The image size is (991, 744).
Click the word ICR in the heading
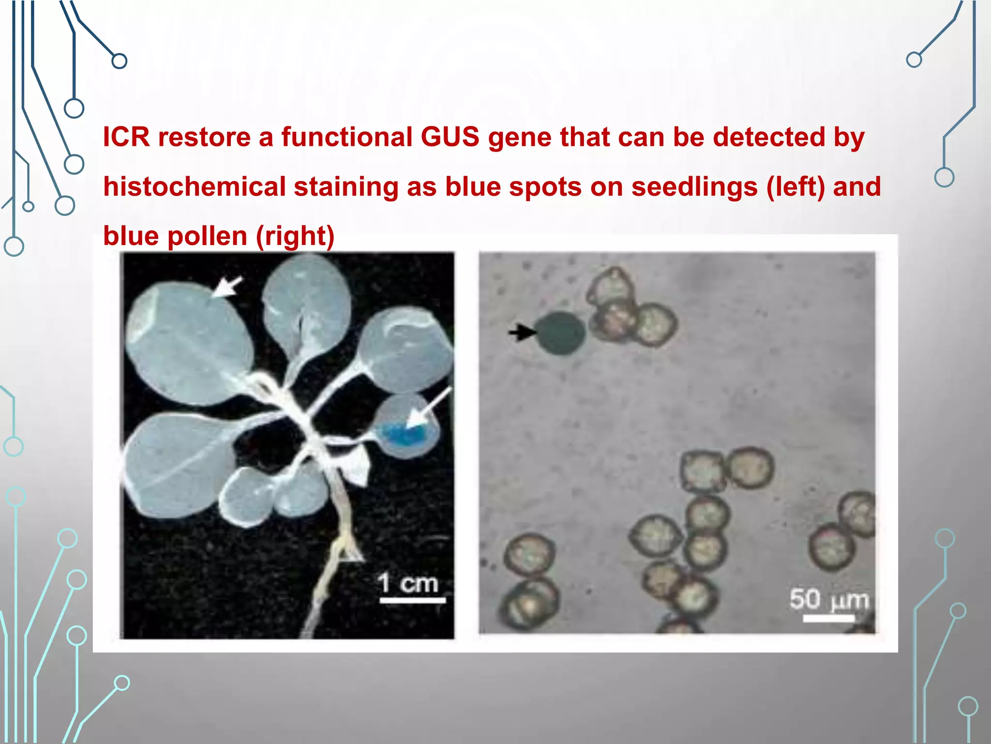click(x=126, y=137)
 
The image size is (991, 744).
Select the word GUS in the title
click(x=450, y=137)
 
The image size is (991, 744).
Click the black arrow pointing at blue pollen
click(x=522, y=332)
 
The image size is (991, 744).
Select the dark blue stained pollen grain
click(x=560, y=333)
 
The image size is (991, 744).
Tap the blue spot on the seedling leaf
click(x=402, y=433)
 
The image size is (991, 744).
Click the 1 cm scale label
click(x=408, y=583)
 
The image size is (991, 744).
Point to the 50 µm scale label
click(x=829, y=600)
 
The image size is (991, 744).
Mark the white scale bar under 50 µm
click(x=828, y=618)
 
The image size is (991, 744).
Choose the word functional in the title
click(x=347, y=137)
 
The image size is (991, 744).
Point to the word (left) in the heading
click(x=796, y=187)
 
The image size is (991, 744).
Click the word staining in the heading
click(x=346, y=187)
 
